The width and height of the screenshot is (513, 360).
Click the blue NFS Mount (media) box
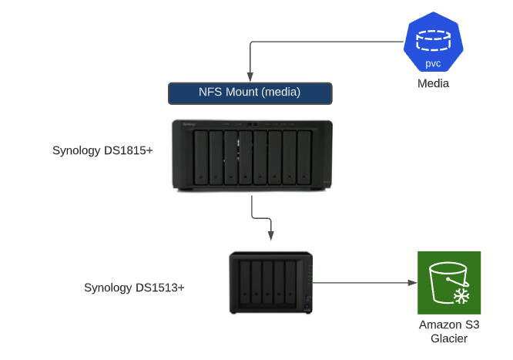click(x=250, y=93)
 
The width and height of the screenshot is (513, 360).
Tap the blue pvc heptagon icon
click(x=434, y=43)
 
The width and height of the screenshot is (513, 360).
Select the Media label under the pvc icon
click(x=434, y=84)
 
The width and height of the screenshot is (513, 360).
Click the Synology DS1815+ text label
click(x=102, y=150)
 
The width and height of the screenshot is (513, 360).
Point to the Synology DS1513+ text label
click(x=134, y=288)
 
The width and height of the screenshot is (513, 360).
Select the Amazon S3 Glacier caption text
click(x=448, y=331)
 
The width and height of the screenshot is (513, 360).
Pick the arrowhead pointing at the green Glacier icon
click(x=411, y=283)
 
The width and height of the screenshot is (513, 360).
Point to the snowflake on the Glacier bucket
click(x=461, y=296)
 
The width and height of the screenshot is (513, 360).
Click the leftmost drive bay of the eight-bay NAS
click(x=201, y=158)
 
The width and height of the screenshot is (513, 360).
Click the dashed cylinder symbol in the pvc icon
click(x=434, y=37)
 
